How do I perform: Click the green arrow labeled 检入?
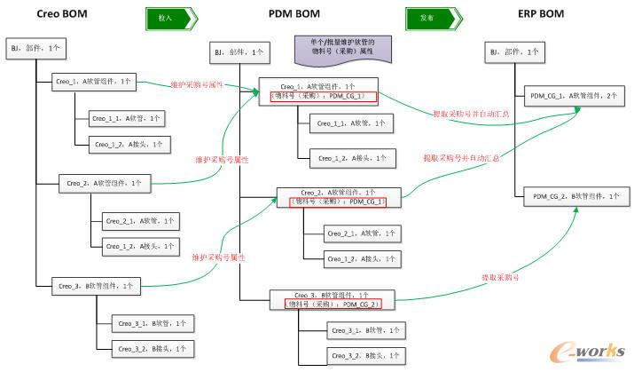(x=168, y=17)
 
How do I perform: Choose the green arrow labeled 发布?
(x=429, y=17)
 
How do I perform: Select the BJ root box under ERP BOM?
(x=513, y=53)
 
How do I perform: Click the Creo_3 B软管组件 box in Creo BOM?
(x=96, y=286)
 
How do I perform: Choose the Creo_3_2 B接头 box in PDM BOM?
(x=364, y=355)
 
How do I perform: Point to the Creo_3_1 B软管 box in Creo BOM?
(x=148, y=324)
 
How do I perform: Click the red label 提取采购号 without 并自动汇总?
(x=500, y=276)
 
